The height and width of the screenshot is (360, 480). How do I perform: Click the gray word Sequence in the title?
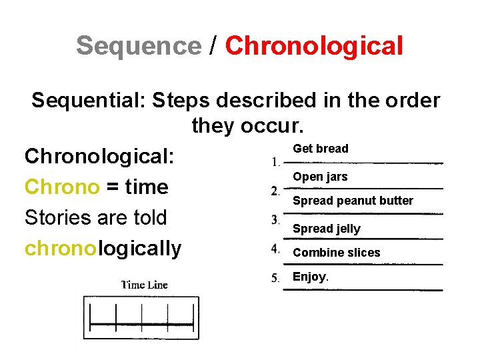point(138,46)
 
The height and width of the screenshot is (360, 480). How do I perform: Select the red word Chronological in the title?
point(314,46)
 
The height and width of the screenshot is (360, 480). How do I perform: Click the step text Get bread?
point(321,149)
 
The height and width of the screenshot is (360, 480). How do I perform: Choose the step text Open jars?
point(320,177)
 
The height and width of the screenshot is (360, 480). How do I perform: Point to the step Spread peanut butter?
point(353,201)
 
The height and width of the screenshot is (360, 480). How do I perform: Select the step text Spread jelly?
point(327,229)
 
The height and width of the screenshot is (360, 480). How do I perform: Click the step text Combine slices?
point(336,253)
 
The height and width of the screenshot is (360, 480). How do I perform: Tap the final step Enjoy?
point(310,277)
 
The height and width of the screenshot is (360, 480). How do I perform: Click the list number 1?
point(275,161)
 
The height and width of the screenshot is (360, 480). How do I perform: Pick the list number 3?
point(275,219)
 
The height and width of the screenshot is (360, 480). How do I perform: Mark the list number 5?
point(275,278)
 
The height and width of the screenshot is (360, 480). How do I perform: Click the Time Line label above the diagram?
point(144,285)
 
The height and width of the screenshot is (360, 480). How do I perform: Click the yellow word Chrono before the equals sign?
point(61,187)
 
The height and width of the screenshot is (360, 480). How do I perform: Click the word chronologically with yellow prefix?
point(103,248)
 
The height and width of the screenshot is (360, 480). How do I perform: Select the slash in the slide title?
point(213,46)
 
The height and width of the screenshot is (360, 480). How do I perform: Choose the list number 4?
point(275,249)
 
